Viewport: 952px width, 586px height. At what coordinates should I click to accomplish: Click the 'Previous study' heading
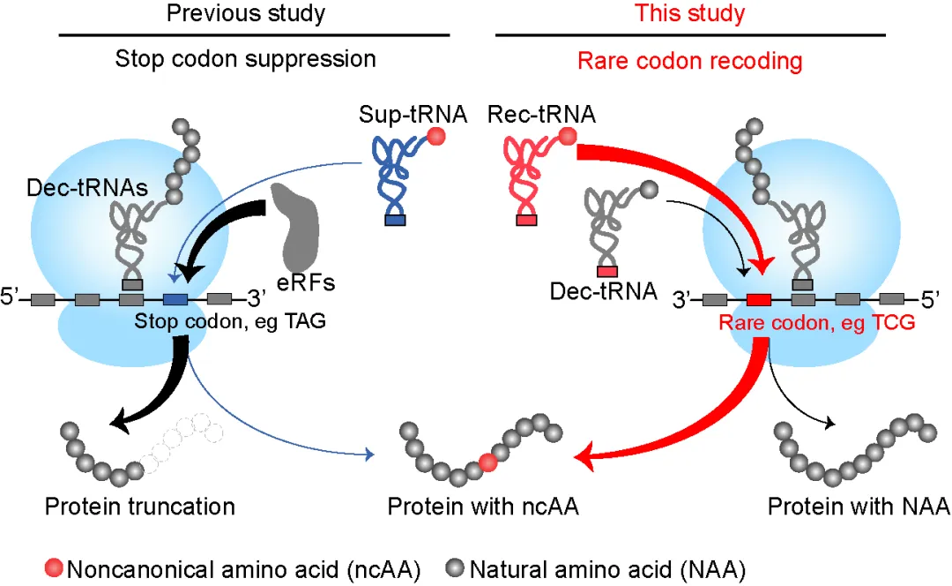click(246, 13)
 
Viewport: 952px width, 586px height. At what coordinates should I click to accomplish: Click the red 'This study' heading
click(689, 13)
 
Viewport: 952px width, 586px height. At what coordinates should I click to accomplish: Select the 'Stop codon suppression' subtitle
click(245, 59)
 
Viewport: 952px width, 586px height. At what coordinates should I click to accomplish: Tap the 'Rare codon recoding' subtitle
click(689, 61)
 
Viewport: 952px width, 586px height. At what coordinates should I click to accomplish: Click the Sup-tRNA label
click(413, 114)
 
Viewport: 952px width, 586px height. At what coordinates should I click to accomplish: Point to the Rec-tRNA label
click(541, 114)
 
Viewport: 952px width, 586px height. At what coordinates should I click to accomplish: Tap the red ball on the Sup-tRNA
click(436, 136)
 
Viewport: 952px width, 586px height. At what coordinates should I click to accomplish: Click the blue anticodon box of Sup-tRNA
click(395, 220)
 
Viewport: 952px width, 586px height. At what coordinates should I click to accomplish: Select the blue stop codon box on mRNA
click(175, 298)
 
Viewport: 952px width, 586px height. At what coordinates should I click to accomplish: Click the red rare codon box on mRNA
click(759, 299)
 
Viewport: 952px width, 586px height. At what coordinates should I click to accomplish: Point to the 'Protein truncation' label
click(139, 507)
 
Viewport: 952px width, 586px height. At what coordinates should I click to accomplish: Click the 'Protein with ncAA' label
click(483, 507)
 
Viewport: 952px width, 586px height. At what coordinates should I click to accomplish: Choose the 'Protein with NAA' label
click(859, 507)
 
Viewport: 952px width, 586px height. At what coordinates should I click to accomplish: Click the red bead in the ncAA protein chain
click(488, 462)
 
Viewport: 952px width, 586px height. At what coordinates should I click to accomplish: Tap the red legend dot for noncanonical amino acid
click(54, 567)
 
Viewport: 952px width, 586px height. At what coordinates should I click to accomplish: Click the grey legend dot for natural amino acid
click(455, 567)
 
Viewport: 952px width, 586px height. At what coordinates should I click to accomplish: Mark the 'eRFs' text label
click(306, 282)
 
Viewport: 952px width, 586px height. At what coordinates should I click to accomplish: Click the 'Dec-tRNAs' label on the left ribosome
click(87, 188)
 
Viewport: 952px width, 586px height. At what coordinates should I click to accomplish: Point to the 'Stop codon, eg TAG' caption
click(230, 320)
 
